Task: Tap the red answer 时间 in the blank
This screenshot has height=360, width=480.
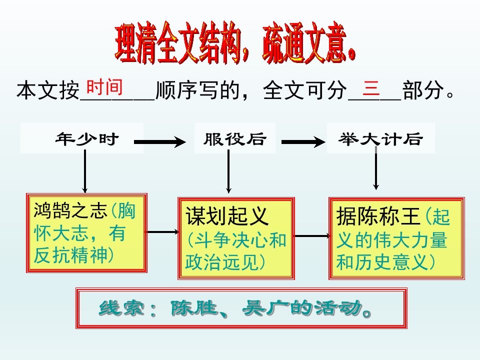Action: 104,87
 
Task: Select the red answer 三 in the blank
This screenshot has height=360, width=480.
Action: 371,88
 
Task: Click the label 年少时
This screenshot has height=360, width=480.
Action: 87,139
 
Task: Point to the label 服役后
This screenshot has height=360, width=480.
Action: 234,139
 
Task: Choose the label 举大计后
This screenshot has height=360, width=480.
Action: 380,139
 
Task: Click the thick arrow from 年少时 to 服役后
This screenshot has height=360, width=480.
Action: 159,143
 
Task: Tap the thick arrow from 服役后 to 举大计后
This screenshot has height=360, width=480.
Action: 303,143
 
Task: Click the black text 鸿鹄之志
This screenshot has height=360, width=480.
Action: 70,211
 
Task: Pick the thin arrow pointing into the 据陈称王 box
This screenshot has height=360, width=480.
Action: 311,235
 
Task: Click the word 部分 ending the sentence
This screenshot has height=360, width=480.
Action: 423,91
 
